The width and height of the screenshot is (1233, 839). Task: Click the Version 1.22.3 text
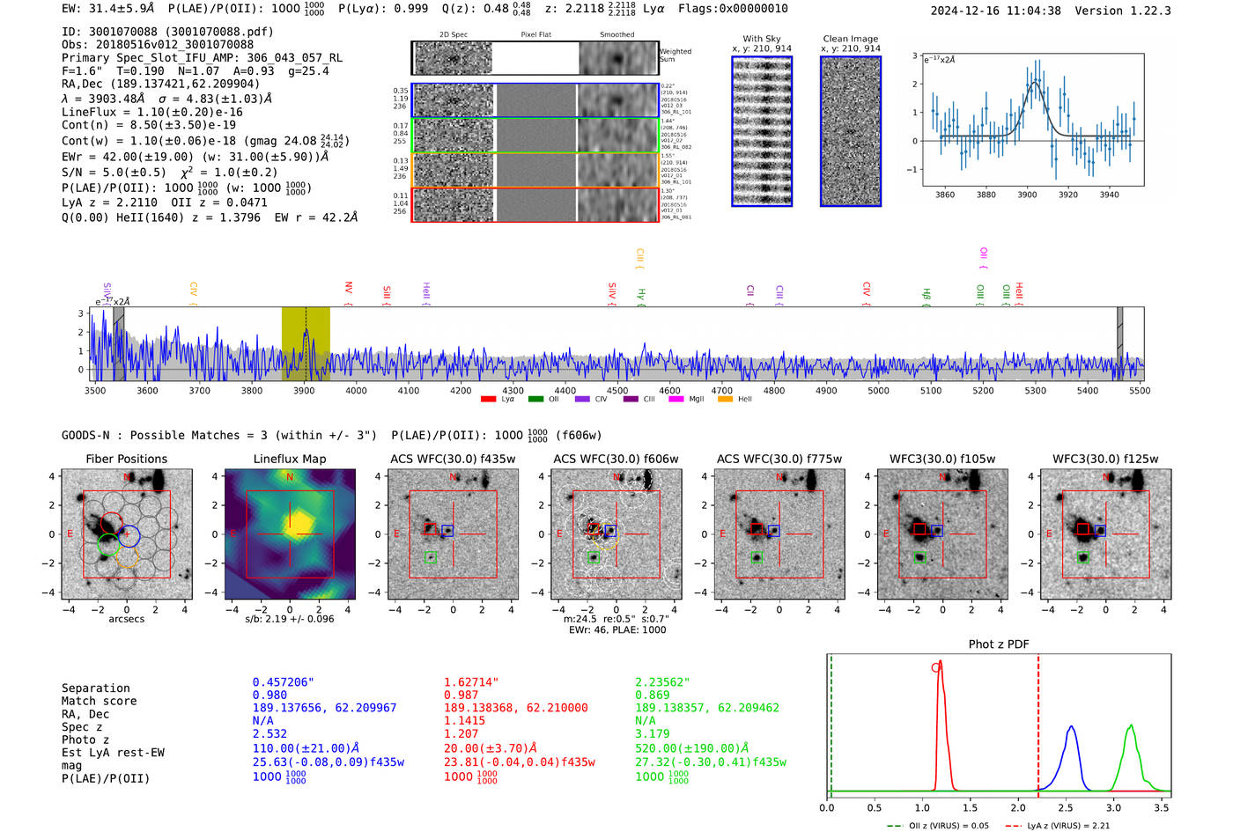click(1123, 11)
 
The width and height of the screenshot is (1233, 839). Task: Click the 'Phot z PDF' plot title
click(999, 644)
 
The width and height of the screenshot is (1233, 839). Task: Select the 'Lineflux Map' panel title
click(289, 459)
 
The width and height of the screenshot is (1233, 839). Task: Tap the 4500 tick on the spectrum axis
click(617, 390)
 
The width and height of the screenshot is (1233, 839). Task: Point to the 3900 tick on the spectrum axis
click(304, 390)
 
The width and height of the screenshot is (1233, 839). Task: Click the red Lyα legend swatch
click(488, 399)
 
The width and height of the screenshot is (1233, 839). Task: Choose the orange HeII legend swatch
click(725, 399)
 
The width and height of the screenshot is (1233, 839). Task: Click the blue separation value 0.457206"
click(283, 682)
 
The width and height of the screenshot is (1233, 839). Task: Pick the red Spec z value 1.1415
click(464, 720)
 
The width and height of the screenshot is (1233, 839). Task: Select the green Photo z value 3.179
click(652, 733)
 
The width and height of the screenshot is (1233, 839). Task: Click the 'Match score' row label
click(99, 701)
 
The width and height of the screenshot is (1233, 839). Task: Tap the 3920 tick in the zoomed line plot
click(1068, 194)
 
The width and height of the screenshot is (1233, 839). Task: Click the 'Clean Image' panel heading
click(850, 39)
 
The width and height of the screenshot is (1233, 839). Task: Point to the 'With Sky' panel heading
click(761, 39)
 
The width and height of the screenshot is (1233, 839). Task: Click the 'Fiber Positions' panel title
click(126, 459)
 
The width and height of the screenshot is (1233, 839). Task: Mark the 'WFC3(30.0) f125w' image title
click(1105, 459)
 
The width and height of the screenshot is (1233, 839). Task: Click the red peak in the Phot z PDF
click(941, 663)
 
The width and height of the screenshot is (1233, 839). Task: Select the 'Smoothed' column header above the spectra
click(616, 34)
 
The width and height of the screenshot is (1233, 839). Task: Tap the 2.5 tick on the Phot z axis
click(1067, 806)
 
